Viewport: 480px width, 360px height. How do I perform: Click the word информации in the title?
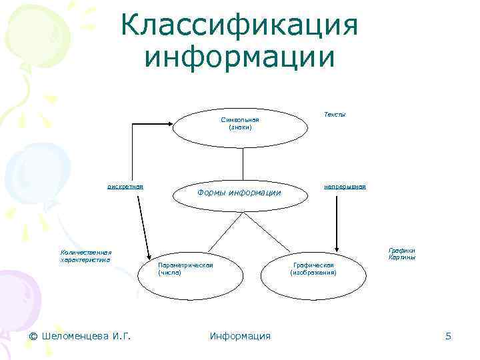[240, 57]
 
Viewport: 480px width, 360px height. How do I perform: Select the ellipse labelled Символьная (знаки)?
[241, 123]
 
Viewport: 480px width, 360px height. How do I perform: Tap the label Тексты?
[335, 115]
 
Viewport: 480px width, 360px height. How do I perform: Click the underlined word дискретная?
[126, 187]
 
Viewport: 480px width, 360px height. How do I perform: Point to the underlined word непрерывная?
[345, 187]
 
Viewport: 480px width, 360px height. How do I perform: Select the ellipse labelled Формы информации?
[240, 193]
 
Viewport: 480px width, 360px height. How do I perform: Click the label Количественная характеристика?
[85, 256]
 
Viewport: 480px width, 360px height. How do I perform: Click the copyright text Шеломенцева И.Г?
[80, 336]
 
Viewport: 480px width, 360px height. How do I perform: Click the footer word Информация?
[240, 336]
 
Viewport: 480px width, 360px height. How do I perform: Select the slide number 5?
[449, 336]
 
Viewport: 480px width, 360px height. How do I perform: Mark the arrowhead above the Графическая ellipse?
[336, 247]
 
